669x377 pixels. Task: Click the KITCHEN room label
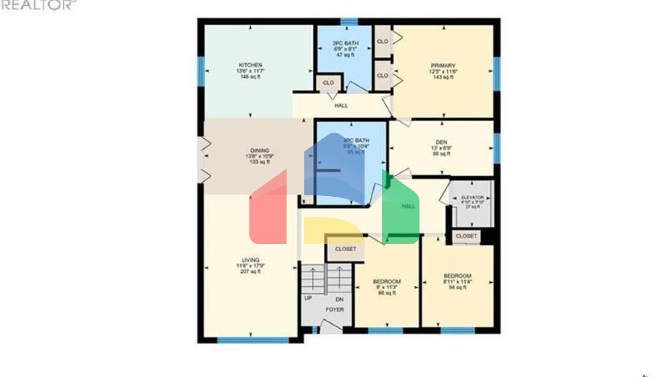250,65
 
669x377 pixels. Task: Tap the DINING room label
260,151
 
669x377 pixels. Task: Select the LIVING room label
250,260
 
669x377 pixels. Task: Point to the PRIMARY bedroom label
443,66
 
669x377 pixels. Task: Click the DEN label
441,142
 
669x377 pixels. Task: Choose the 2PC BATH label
345,44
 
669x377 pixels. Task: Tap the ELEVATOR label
472,198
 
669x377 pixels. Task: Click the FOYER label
334,309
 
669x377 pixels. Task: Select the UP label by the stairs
308,298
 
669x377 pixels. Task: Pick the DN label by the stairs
340,299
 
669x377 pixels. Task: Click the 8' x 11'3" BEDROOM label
387,281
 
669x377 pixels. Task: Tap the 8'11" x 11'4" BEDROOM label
457,276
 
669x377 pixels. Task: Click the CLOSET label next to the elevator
466,236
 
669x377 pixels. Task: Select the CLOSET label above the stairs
345,249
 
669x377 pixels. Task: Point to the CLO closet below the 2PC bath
328,82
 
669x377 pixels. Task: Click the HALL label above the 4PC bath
341,106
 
